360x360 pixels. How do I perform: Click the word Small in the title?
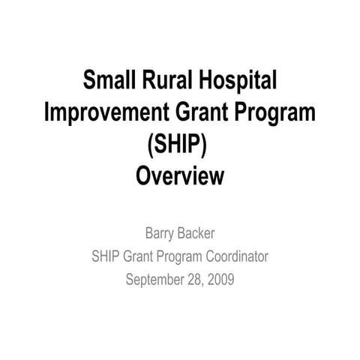(109, 79)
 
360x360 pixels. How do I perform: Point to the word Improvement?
(106, 112)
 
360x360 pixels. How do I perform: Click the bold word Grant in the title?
(202, 112)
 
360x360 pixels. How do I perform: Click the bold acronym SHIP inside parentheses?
(177, 144)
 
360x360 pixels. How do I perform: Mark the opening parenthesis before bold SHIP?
(151, 145)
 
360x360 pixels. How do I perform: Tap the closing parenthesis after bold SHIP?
(204, 145)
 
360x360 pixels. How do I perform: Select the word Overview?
(180, 175)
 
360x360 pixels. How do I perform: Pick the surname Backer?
(196, 233)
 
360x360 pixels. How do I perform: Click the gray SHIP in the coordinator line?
(105, 256)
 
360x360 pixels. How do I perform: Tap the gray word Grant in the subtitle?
(138, 256)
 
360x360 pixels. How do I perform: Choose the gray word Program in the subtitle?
(179, 258)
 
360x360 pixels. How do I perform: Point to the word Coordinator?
(237, 256)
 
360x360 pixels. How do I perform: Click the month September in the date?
(154, 280)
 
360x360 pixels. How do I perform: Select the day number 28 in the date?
(195, 280)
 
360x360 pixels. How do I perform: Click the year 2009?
(220, 279)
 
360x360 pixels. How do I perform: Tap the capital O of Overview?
(143, 175)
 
